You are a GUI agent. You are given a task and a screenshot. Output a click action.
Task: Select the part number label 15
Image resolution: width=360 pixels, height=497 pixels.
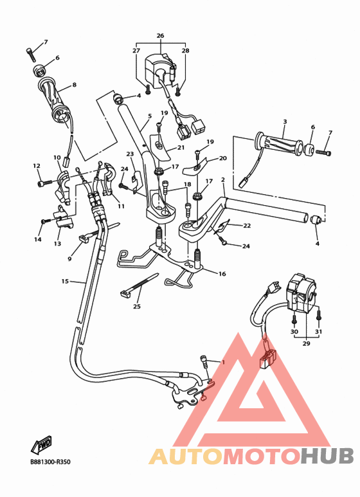point(65,281)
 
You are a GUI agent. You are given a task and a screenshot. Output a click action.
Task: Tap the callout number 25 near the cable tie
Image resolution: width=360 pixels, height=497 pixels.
point(136,306)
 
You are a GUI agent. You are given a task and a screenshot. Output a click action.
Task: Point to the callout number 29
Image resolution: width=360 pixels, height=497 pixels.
point(306,344)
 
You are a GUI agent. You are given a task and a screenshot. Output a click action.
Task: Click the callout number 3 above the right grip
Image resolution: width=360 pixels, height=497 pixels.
point(284,121)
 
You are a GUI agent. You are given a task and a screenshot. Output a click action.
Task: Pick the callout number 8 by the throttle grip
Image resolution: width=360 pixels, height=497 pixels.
point(74,84)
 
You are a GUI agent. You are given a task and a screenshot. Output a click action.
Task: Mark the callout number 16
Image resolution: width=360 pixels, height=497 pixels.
point(222,274)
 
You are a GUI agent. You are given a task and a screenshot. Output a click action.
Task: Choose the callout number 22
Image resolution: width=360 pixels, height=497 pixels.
point(248,225)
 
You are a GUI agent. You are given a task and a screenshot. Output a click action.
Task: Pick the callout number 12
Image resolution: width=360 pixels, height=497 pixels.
point(37,166)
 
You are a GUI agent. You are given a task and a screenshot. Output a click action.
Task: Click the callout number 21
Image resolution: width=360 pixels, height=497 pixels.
point(181,147)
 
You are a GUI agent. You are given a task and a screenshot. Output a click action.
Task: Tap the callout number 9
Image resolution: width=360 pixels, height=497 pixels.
point(70,259)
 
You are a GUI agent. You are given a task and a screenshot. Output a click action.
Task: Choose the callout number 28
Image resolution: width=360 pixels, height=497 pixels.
point(185,50)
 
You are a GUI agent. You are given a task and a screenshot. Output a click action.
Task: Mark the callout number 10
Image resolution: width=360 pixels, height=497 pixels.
point(57,158)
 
